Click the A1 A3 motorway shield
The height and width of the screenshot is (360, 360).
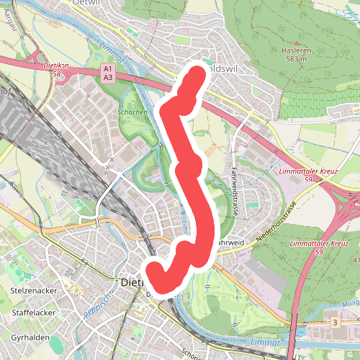pyautogui.click(x=108, y=73)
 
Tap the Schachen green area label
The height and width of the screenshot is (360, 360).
pyautogui.click(x=132, y=112)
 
